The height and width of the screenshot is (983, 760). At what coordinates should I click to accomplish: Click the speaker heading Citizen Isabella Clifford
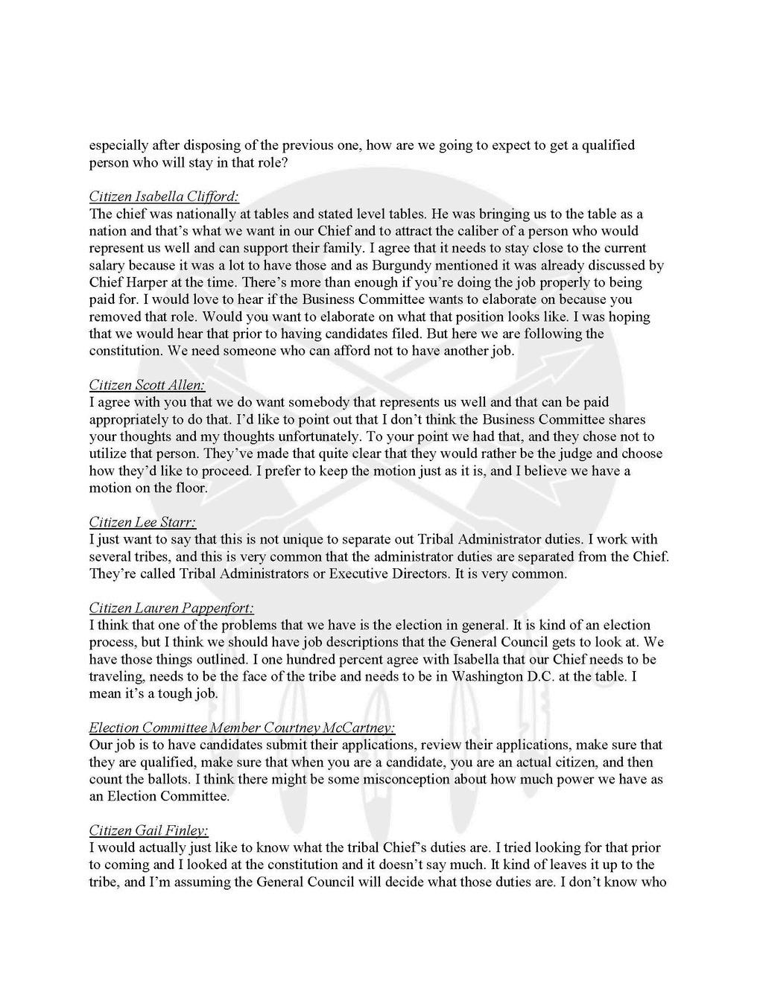(164, 197)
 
